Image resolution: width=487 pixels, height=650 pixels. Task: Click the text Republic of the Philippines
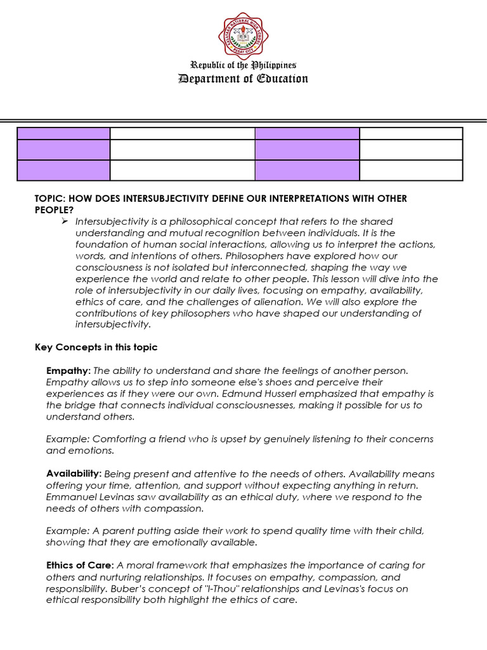tap(243, 65)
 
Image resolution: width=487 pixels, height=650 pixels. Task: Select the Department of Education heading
tap(243, 79)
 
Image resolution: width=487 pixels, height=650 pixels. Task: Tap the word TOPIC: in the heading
tap(49, 199)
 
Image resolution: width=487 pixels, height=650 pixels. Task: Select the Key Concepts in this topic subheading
tap(96, 347)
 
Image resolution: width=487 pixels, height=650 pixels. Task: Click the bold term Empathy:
tap(68, 370)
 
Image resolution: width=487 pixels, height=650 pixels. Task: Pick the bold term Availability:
tap(74, 474)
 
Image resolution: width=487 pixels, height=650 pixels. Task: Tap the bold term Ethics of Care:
tap(80, 565)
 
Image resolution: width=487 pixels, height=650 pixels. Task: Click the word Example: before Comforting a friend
tap(66, 439)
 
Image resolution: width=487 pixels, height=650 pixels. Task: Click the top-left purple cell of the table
tap(63, 133)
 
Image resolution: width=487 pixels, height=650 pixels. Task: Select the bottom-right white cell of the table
tap(411, 170)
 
